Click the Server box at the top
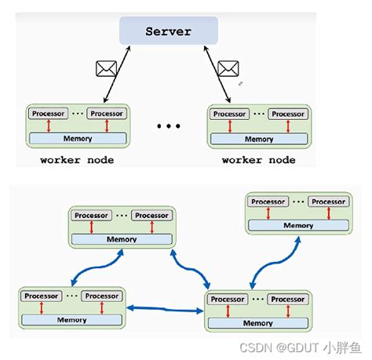pos(168,31)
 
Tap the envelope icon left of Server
pos(105,70)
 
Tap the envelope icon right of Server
pos(228,69)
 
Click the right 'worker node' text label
pos(258,160)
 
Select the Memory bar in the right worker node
pos(258,139)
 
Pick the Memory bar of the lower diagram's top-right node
pos(297,225)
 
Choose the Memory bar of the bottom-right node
pos(258,322)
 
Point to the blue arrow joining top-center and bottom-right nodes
pos(191,267)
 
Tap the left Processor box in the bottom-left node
pos(40,296)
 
